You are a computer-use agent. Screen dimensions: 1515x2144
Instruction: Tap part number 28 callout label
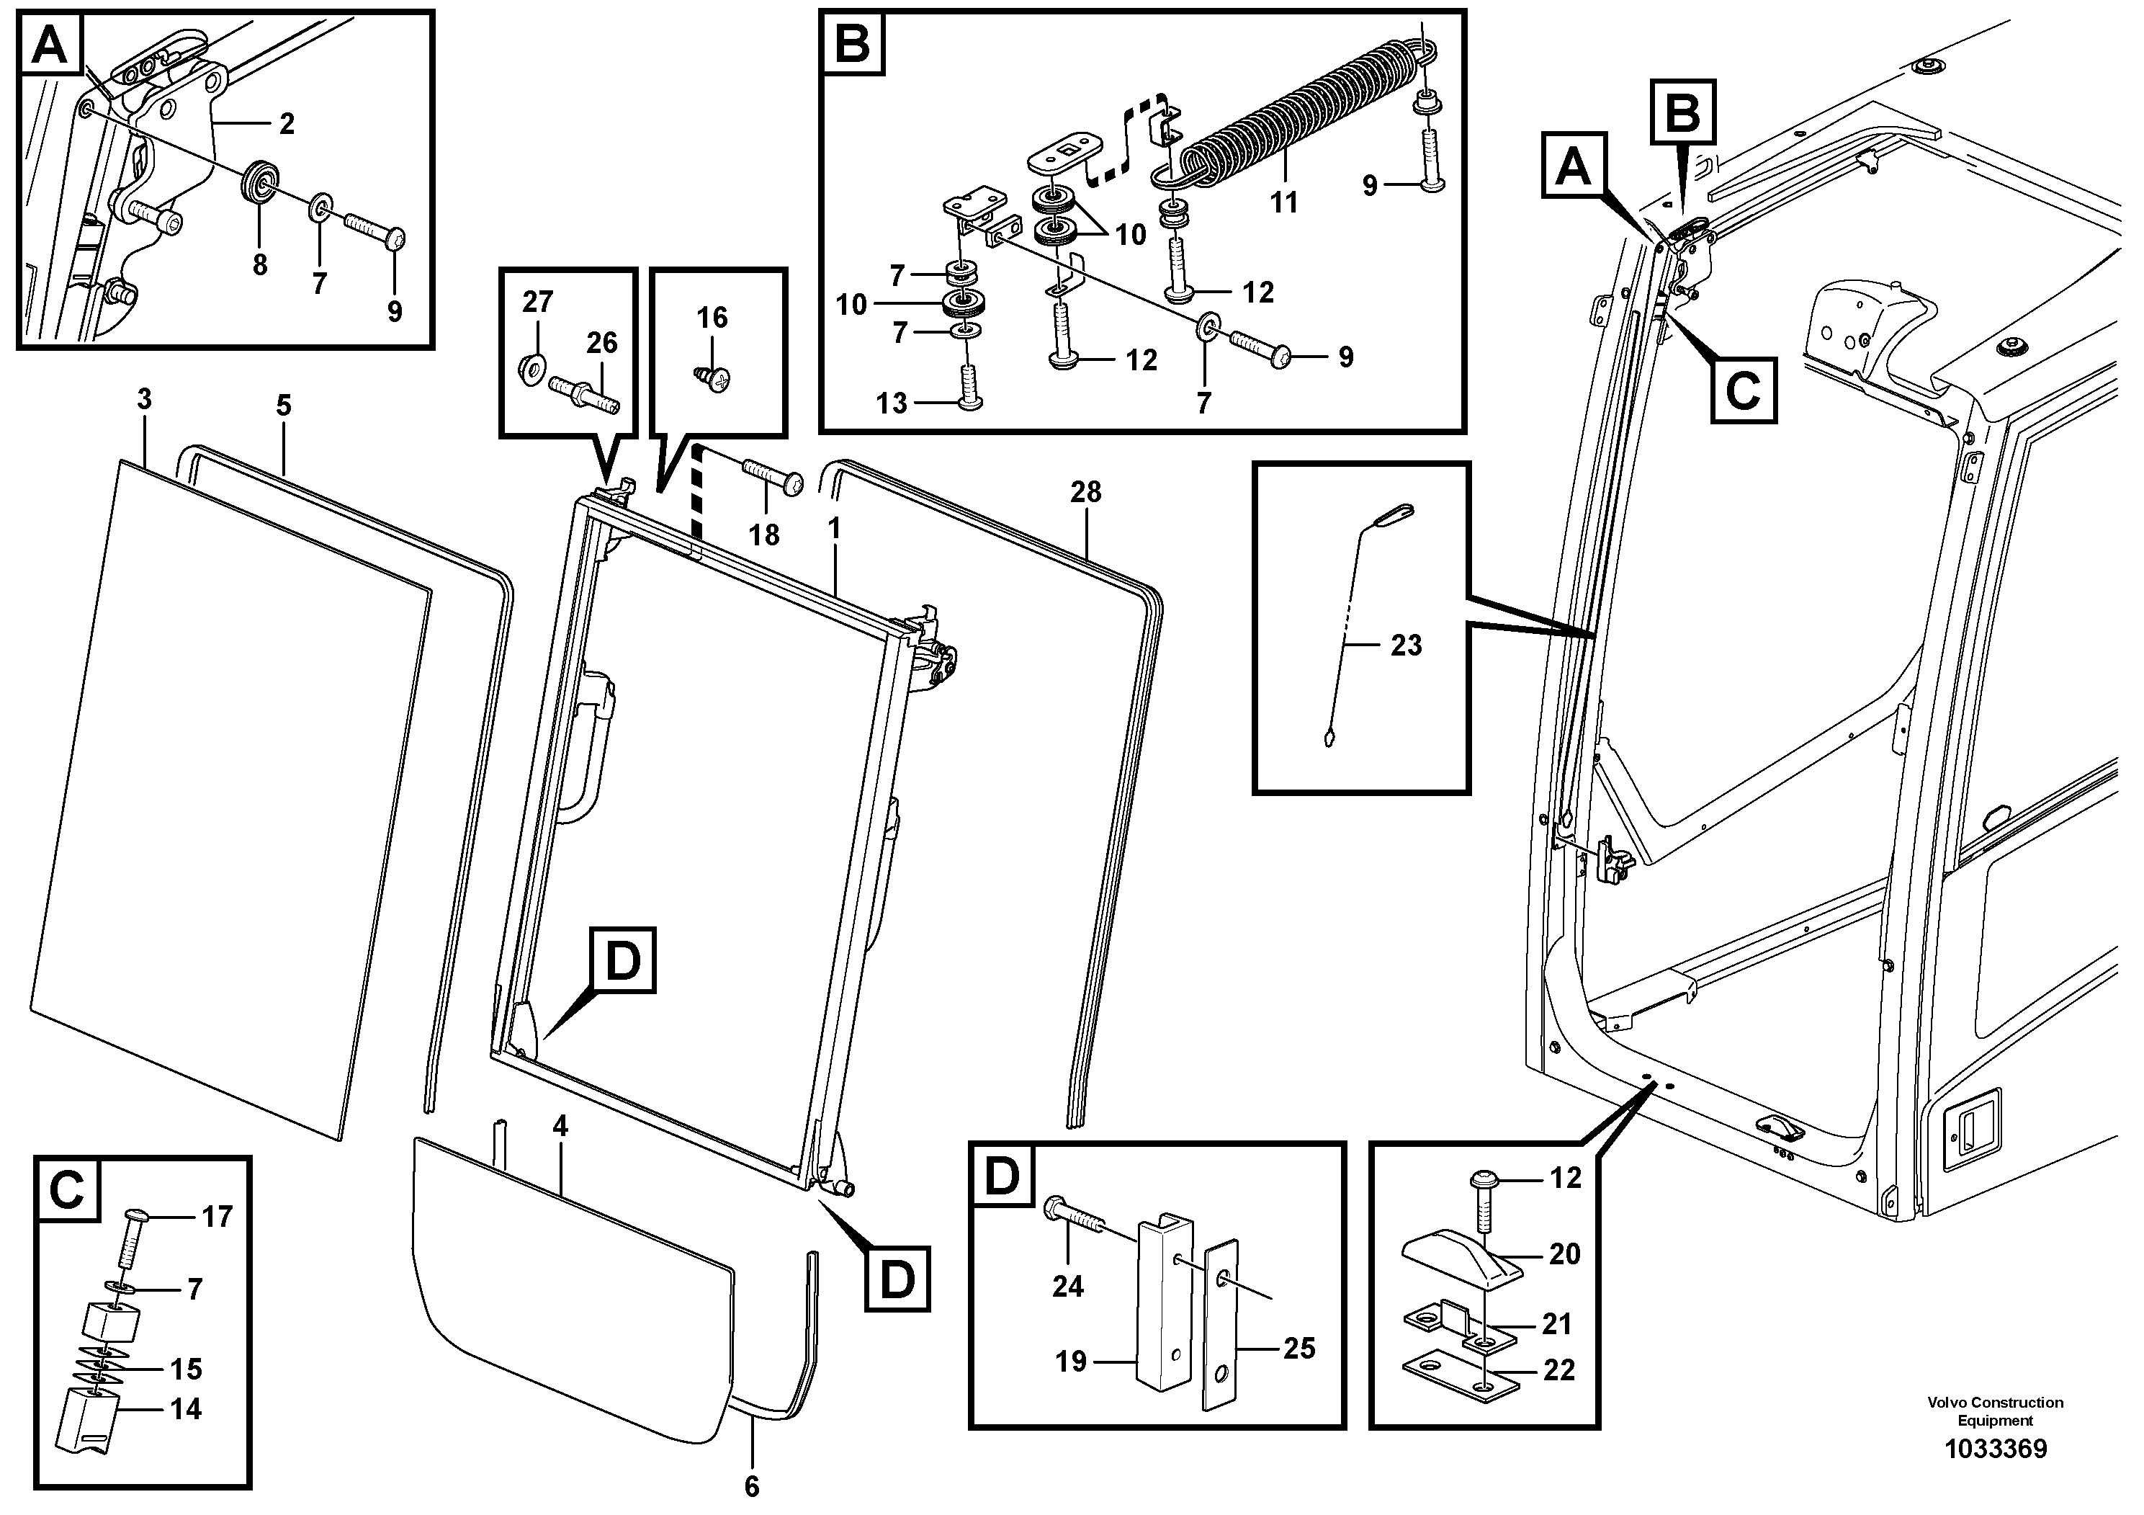click(1085, 492)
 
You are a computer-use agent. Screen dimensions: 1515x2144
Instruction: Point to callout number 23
click(1405, 645)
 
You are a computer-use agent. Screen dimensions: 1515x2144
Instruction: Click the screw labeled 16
click(715, 377)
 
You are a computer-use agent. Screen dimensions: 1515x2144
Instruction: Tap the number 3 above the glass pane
click(144, 400)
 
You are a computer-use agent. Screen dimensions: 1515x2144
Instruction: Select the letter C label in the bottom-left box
click(67, 1190)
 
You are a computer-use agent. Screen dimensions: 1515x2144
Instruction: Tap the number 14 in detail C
click(185, 1408)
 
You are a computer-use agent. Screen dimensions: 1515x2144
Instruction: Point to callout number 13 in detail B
click(891, 403)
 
